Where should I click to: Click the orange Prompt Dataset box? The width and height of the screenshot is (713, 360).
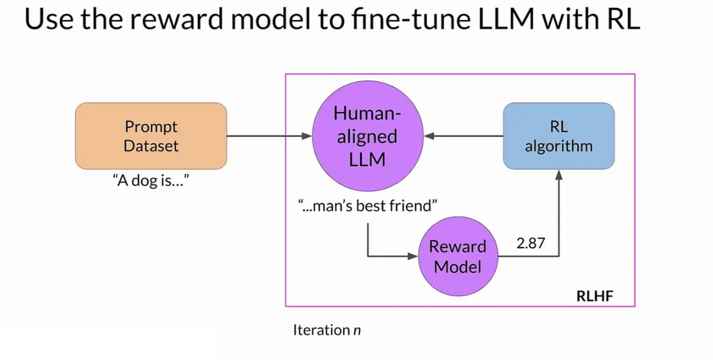pos(151,136)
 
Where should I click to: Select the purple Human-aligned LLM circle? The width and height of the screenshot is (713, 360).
pos(367,136)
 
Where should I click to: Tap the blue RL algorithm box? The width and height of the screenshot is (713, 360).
pos(558,136)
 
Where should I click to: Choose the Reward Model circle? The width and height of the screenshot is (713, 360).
pos(458,256)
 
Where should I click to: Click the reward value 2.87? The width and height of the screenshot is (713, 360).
pos(531,243)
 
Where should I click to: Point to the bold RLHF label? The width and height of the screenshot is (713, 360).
pos(595,297)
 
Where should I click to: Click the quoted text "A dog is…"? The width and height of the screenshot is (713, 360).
pos(150,181)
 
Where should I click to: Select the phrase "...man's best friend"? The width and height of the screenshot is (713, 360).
pos(367,206)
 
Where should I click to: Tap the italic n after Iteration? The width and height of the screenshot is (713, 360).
pos(357,330)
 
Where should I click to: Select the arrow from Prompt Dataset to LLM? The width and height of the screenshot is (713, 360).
pos(269,136)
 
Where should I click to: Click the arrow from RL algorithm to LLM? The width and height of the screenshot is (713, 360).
pos(463,136)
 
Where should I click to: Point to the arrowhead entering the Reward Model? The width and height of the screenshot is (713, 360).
pos(413,256)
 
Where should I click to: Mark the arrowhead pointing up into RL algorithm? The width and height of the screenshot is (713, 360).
pos(558,175)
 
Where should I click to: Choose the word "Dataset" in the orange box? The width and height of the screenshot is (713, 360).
pos(151,146)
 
